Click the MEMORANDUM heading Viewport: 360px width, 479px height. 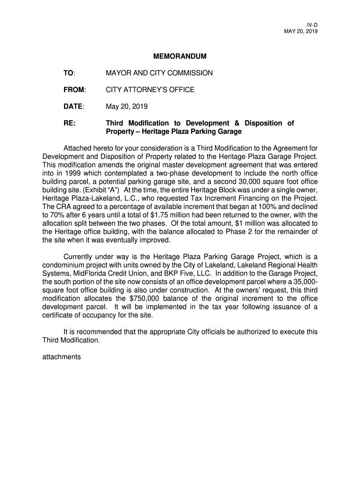pyautogui.click(x=180, y=57)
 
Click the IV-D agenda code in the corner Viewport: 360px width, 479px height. pyautogui.click(x=312, y=24)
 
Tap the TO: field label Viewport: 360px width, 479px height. pyautogui.click(x=70, y=73)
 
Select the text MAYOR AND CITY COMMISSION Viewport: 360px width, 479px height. pyautogui.click(x=159, y=73)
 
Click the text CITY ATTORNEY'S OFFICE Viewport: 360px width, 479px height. pyautogui.click(x=150, y=90)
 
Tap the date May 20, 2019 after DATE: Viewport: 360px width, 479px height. pyautogui.click(x=126, y=107)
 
